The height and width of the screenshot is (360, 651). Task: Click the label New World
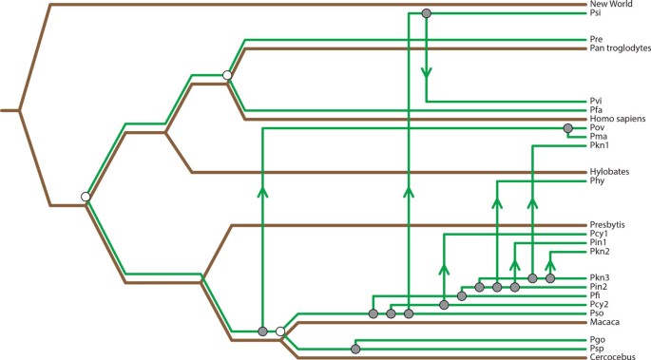pyautogui.click(x=612, y=5)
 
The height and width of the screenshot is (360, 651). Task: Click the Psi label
pyautogui.click(x=596, y=14)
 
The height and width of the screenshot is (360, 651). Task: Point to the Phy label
pyautogui.click(x=597, y=180)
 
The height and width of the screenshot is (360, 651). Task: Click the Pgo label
pyautogui.click(x=598, y=340)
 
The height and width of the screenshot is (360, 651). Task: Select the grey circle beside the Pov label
pyautogui.click(x=568, y=128)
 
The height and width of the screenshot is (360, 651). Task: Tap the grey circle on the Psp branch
pyautogui.click(x=355, y=350)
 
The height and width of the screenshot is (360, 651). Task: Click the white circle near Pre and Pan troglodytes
pyautogui.click(x=226, y=74)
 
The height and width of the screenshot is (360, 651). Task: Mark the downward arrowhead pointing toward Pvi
pyautogui.click(x=426, y=71)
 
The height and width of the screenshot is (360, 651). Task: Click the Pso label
pyautogui.click(x=597, y=313)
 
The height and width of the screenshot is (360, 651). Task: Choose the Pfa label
pyautogui.click(x=597, y=110)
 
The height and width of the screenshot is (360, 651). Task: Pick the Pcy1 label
pyautogui.click(x=600, y=234)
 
